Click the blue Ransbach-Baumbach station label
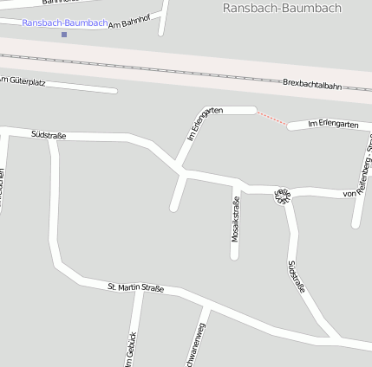click(x=64, y=23)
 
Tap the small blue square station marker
click(x=64, y=35)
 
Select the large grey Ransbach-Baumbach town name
click(x=282, y=8)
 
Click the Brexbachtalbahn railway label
click(x=312, y=84)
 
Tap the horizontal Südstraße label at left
click(x=49, y=135)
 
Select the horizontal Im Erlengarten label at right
click(x=333, y=126)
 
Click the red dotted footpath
click(x=272, y=119)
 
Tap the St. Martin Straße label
click(x=135, y=287)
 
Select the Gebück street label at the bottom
click(x=131, y=350)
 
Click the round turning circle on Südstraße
click(x=283, y=195)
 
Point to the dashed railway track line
click(x=173, y=70)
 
